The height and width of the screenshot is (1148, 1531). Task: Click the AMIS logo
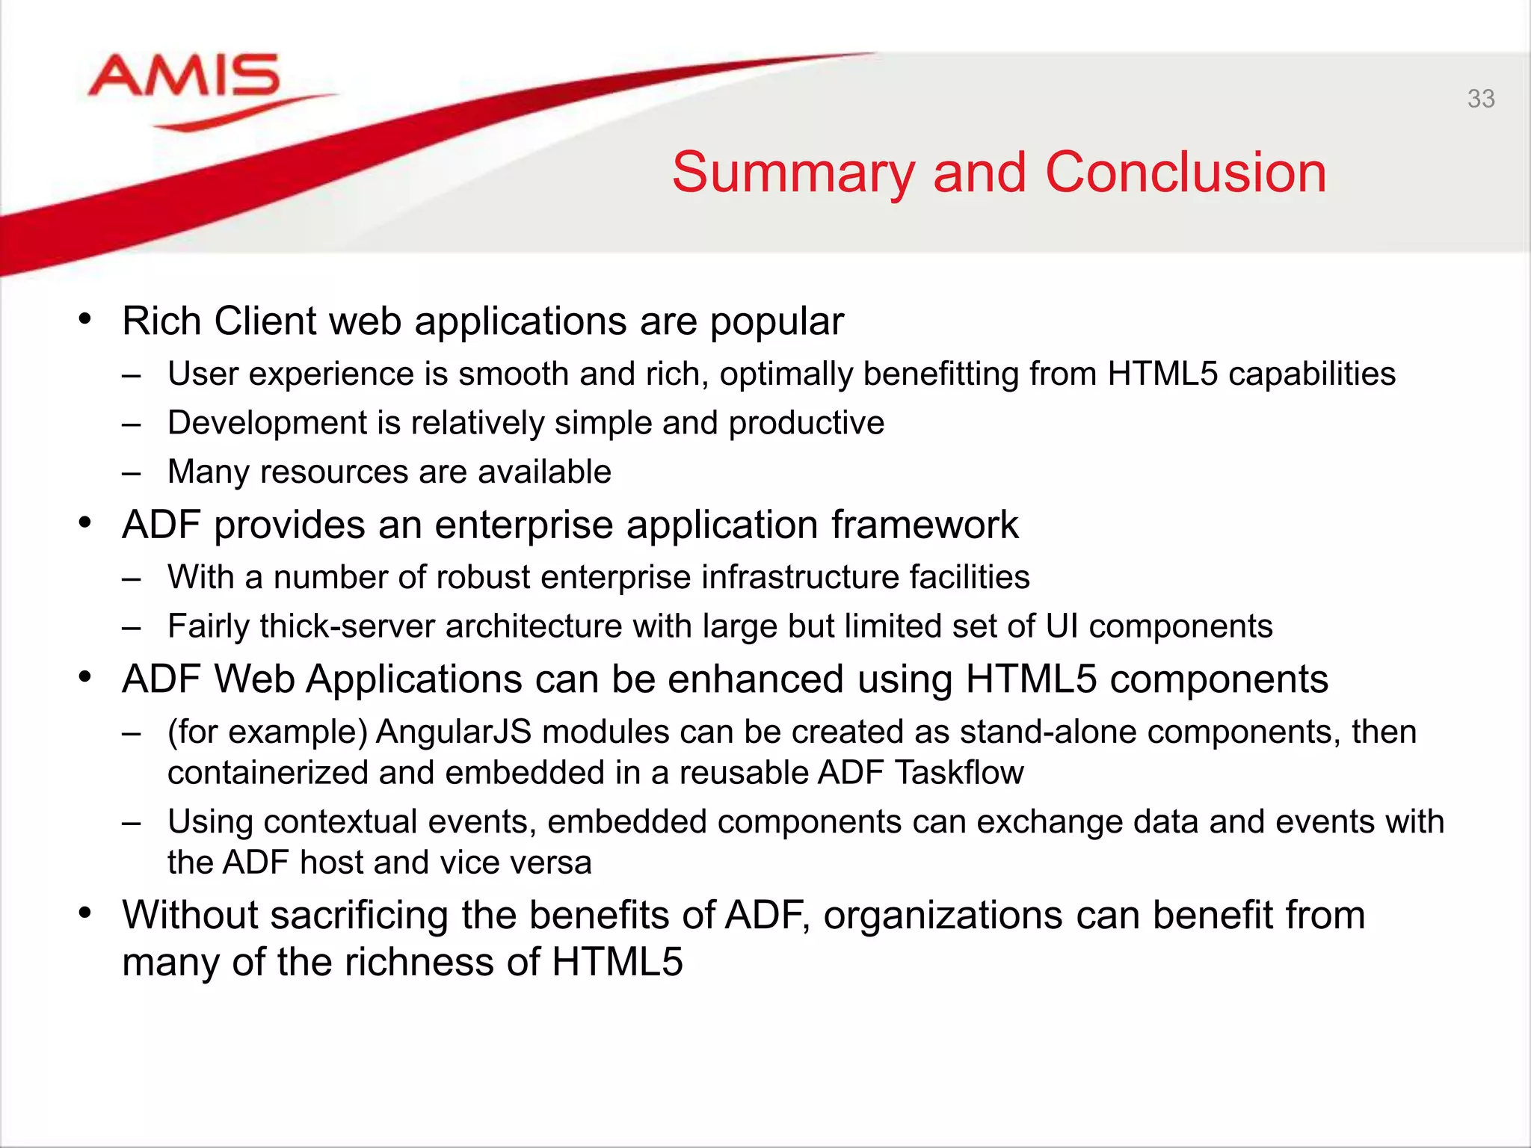click(185, 78)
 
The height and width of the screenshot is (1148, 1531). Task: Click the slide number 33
click(1480, 99)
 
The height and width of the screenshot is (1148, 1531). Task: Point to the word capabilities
click(1311, 374)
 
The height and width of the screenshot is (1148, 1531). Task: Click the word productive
click(807, 423)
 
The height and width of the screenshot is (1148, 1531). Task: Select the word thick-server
click(348, 626)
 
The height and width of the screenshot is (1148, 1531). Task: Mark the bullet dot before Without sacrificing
click(85, 913)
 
